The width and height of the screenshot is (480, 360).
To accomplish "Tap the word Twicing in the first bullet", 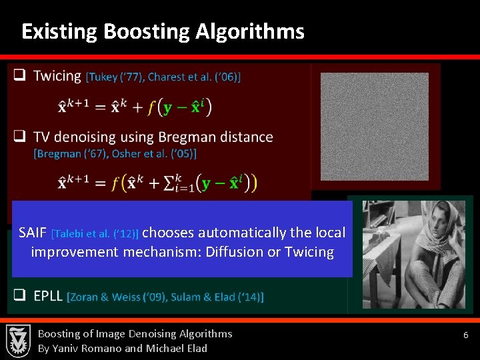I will coord(57,76).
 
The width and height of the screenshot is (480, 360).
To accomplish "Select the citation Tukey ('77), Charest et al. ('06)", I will coord(163,77).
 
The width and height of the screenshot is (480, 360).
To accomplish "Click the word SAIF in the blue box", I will coord(33,233).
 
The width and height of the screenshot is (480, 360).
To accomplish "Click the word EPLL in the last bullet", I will coord(48,295).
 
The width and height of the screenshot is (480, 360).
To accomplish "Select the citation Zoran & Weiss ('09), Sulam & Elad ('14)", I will coord(165,297).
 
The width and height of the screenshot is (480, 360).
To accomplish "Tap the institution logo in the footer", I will coord(18,341).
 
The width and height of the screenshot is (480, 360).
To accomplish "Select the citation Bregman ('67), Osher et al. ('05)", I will coord(115,153).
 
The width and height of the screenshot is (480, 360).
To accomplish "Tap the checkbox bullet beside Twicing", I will coord(21,76).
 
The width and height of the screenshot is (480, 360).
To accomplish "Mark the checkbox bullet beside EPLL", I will coord(21,295).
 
